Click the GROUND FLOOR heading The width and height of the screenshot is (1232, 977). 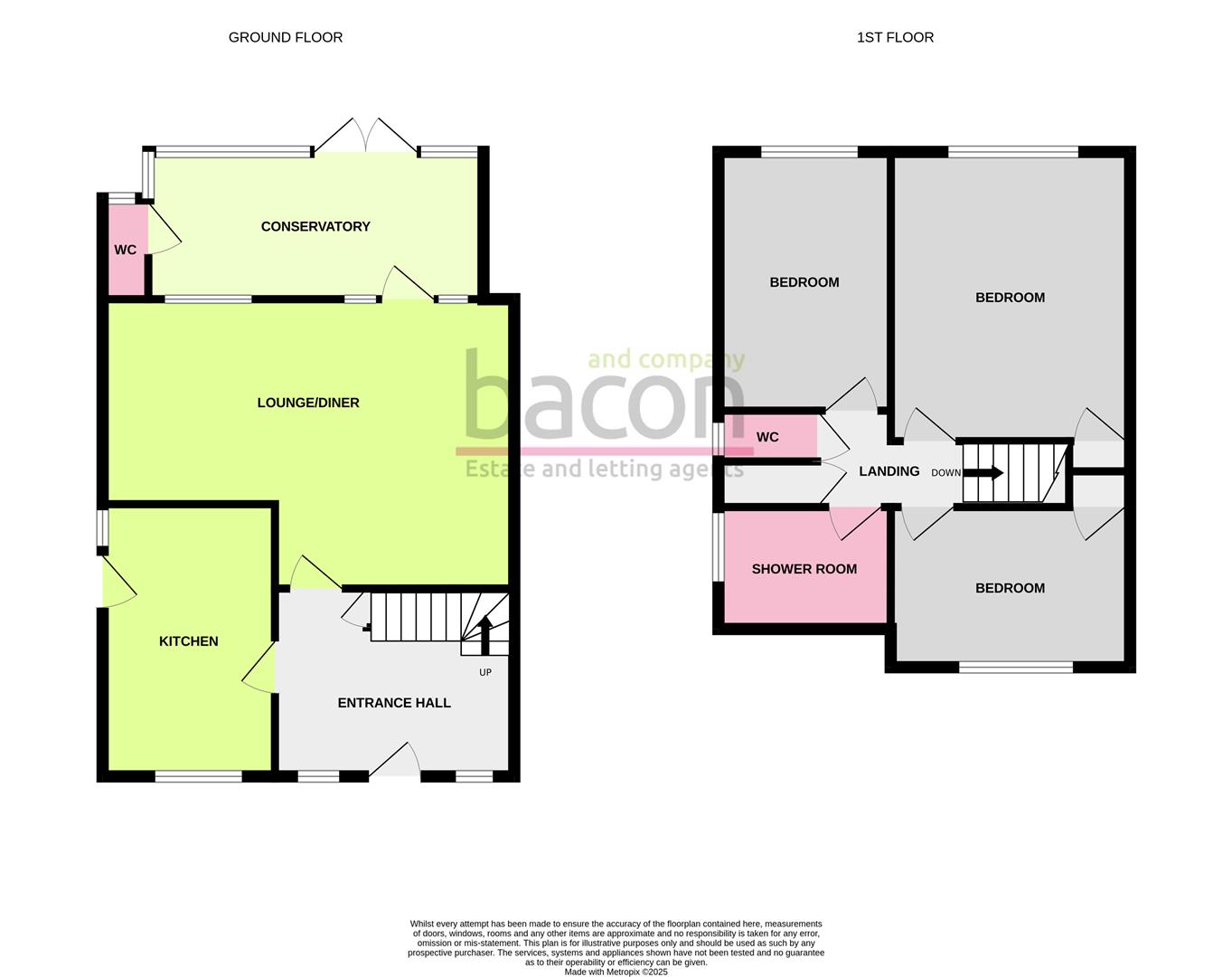coord(285,37)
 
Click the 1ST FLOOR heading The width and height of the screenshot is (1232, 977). coord(895,37)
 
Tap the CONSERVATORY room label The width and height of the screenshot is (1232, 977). coord(315,226)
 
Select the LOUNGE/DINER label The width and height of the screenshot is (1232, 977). coord(308,403)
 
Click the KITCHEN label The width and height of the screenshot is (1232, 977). coord(188,641)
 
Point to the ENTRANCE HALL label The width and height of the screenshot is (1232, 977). coord(394,703)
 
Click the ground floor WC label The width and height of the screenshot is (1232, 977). coord(125,250)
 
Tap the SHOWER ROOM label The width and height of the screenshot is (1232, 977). coord(804,569)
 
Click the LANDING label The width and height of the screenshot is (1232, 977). coord(889,471)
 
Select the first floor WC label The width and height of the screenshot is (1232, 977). coord(766,437)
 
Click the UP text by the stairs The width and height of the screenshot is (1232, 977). coord(485,672)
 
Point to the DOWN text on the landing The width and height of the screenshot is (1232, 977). coord(945,473)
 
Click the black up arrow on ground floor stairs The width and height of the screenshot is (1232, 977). coord(484,633)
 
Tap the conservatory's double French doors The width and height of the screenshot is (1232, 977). coord(366,136)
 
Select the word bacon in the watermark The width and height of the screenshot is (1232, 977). coord(604,398)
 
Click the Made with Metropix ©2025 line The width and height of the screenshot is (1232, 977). coord(616,972)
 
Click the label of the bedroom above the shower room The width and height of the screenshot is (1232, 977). coord(804,282)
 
